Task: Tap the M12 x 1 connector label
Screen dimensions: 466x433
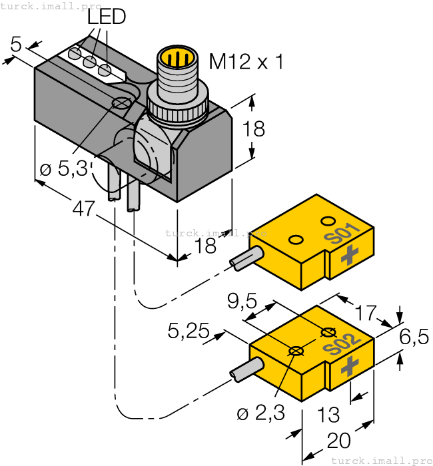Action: (246, 62)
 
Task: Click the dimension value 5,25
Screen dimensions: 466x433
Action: (189, 331)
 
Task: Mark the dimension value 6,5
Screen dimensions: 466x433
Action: (414, 338)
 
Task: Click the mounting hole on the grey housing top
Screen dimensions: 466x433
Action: (121, 103)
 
